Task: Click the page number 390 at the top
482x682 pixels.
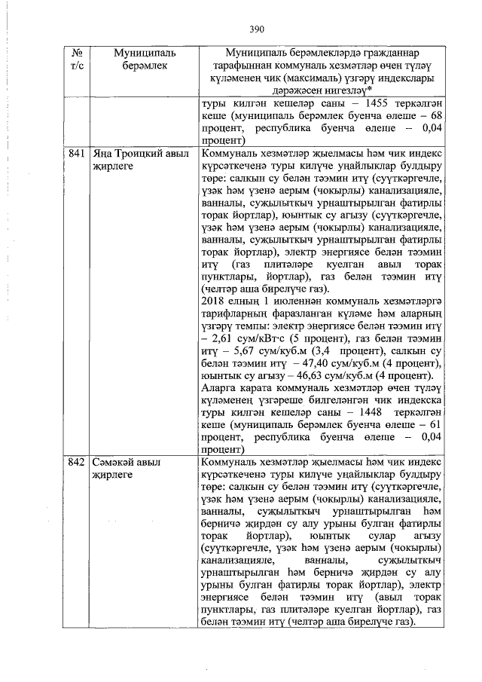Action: tap(258, 29)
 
